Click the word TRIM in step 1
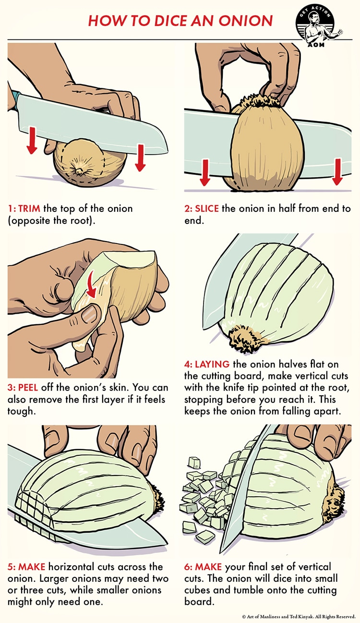(x=30, y=209)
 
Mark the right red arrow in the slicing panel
(x=337, y=172)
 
